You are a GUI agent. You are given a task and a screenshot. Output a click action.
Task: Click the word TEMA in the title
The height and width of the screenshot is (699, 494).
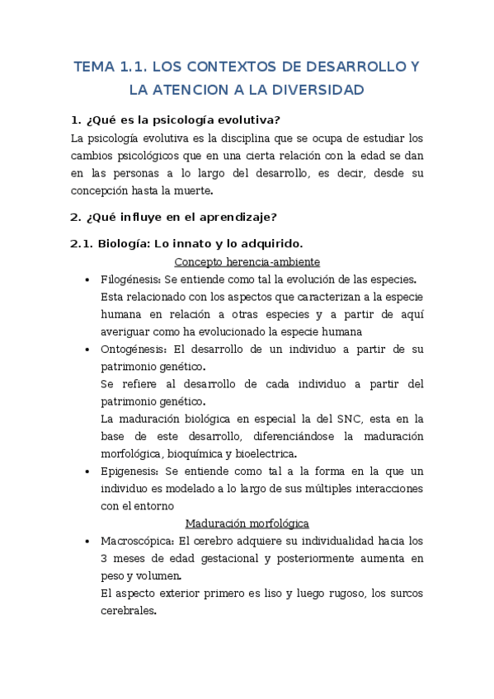[x=94, y=68]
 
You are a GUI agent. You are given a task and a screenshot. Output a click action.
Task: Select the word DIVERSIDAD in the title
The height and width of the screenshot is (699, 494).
[x=318, y=90]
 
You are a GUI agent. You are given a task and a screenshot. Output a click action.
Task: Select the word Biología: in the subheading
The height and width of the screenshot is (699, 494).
[x=125, y=243]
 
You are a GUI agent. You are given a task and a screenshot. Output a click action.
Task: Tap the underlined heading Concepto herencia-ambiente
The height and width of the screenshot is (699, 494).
[x=247, y=262]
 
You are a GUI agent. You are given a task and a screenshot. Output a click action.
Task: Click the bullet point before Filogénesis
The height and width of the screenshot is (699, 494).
[x=88, y=279]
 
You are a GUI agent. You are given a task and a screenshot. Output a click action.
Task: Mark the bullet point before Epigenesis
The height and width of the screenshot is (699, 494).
[x=88, y=471]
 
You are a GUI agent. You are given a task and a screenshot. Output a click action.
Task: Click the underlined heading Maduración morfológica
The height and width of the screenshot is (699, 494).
[x=247, y=523]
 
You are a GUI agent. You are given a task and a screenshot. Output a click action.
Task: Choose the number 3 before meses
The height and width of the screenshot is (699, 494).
[x=104, y=559]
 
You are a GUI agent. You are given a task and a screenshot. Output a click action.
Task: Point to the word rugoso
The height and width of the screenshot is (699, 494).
[x=343, y=593]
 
